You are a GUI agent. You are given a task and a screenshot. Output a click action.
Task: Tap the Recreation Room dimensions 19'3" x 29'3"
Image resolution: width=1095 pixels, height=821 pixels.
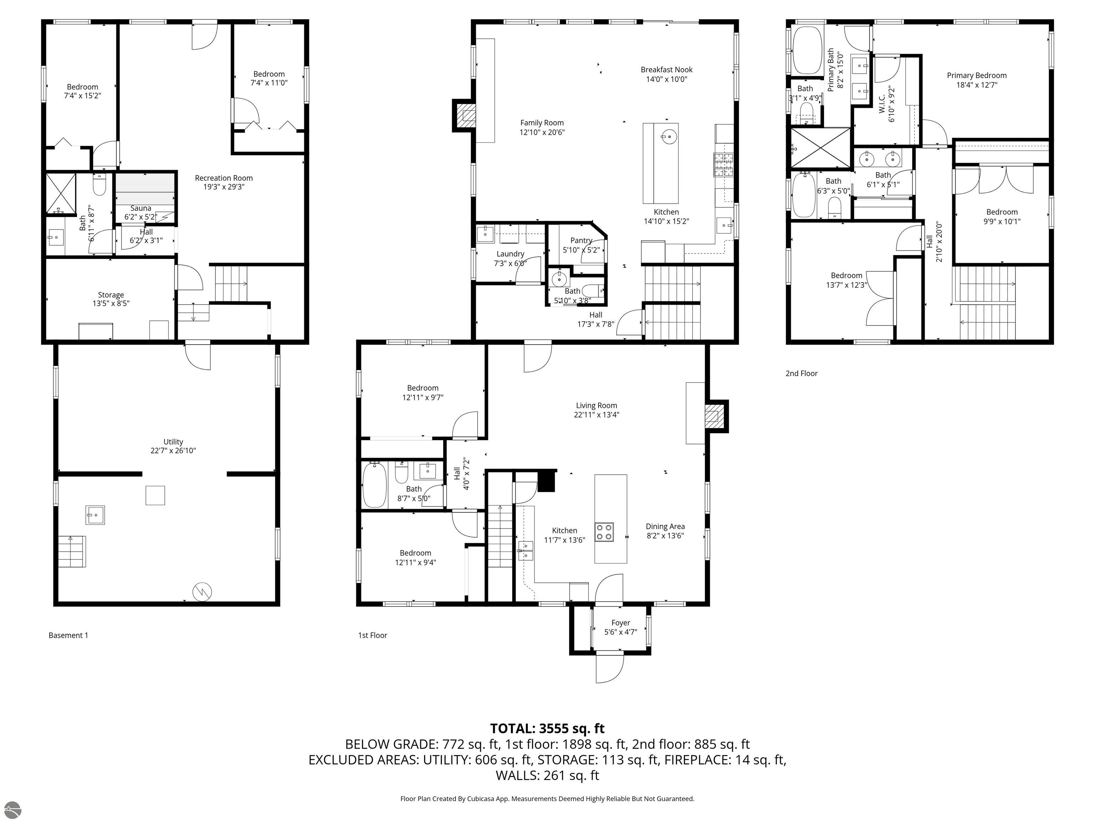[224, 187]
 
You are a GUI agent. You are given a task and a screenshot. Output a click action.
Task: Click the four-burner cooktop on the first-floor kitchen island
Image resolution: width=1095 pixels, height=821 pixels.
[604, 532]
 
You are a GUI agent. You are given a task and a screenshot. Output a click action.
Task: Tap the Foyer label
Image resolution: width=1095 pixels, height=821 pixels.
[620, 623]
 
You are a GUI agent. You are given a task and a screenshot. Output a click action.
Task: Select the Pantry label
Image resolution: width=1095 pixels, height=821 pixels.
[581, 241]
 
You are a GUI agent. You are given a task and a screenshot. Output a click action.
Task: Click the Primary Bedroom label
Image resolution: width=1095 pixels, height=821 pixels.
[976, 76]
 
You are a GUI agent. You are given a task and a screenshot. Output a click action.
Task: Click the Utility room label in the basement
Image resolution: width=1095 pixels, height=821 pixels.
[173, 442]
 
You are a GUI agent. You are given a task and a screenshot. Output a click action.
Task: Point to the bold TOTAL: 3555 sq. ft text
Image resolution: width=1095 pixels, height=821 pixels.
[547, 728]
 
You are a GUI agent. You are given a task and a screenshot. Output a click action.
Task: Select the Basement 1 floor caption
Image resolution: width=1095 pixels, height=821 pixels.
[68, 635]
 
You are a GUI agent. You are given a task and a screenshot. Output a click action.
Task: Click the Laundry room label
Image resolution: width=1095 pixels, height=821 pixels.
[510, 254]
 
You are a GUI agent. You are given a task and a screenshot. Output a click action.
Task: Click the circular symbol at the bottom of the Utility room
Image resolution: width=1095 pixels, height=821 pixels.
[202, 591]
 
